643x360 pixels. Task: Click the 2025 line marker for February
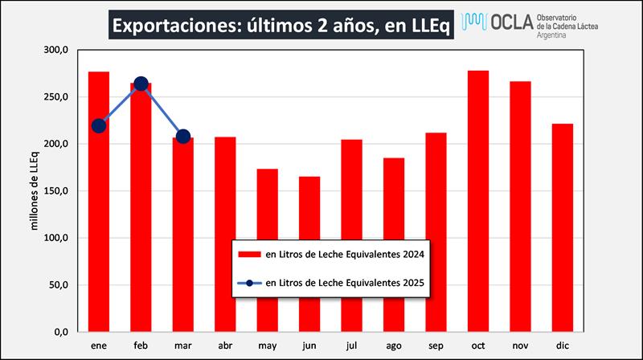[x=141, y=84]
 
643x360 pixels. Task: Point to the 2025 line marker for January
[x=99, y=125]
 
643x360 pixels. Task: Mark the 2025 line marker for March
[x=183, y=136]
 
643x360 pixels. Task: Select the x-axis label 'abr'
[x=225, y=345]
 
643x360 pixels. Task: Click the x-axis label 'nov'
[x=521, y=345]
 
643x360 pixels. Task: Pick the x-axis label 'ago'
[x=394, y=345]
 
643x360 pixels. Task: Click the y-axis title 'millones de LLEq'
[x=35, y=190]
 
